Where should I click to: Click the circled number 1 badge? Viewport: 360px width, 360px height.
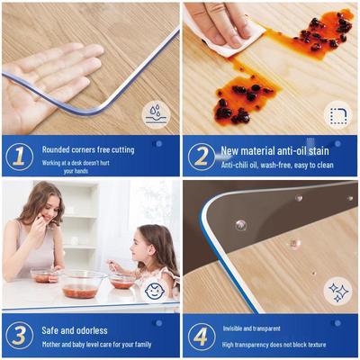coord(19,157)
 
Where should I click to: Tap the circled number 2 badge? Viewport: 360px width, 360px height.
coord(202,157)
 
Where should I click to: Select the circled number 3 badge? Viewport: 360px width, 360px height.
coord(19,336)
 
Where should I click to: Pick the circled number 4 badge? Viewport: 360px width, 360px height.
coord(202,337)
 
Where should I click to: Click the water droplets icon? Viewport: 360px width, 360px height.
coord(156,115)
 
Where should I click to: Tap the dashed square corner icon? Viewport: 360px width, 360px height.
coord(338,115)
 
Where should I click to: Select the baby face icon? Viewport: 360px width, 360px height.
coord(154,290)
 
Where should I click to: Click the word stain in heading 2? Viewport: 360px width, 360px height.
coord(319,150)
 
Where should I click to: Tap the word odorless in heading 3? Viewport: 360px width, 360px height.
coord(92,330)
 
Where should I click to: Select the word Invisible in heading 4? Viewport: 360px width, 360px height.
coord(233,328)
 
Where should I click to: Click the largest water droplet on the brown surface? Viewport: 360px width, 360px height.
coord(241,224)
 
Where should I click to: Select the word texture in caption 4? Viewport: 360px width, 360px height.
coord(314,345)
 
